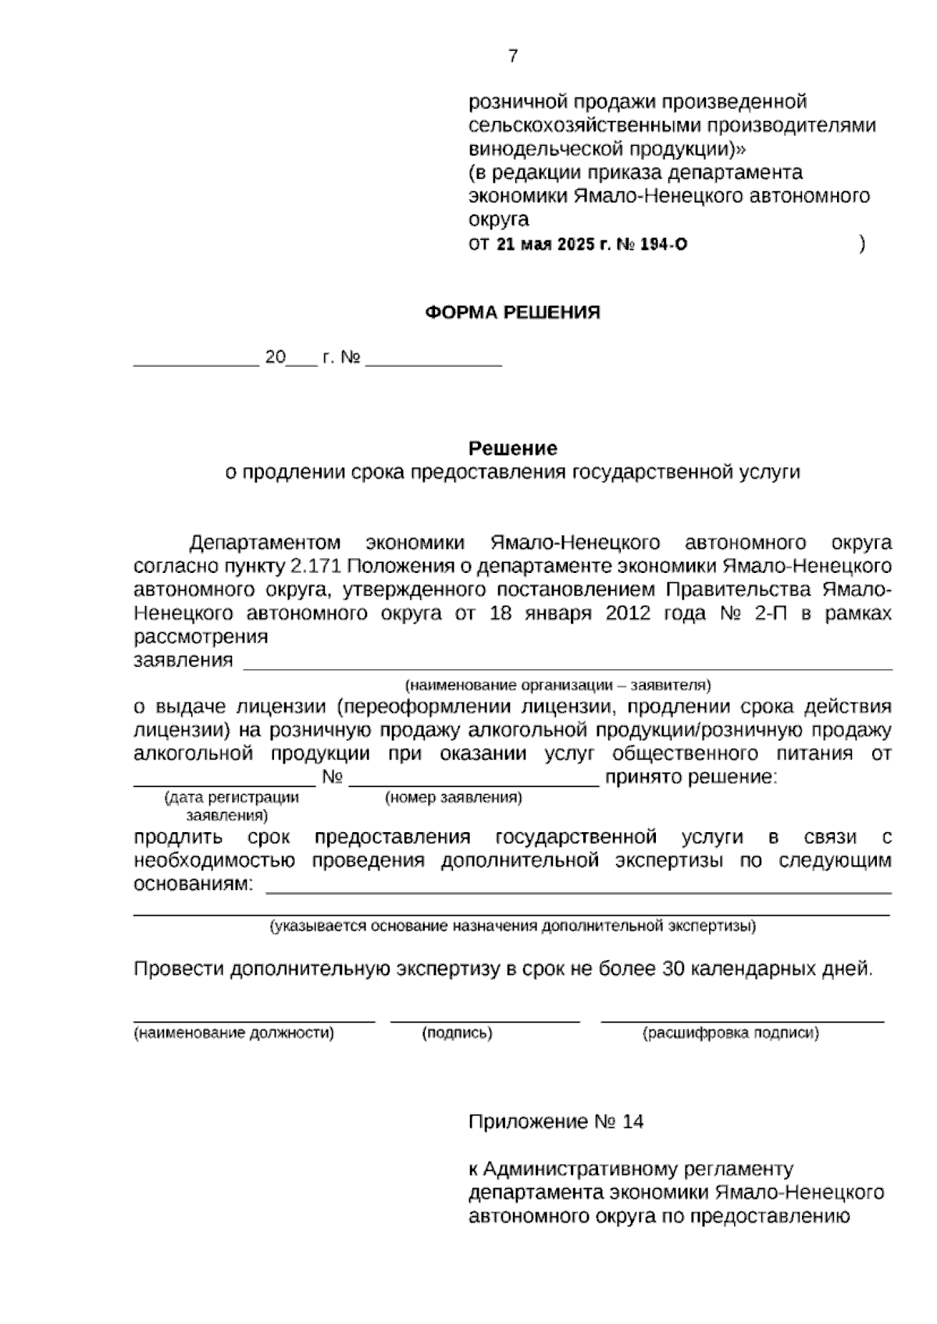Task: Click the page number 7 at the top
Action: [512, 56]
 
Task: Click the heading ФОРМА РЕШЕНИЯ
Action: [512, 313]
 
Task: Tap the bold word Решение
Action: [512, 449]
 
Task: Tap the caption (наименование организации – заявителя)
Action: [558, 685]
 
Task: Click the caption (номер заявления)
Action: [454, 798]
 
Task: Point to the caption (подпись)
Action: [457, 1034]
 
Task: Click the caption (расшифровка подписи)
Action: [731, 1034]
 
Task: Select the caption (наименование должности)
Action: [233, 1034]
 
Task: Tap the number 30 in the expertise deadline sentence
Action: [673, 970]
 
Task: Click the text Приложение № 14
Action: [556, 1123]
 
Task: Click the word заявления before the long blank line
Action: [183, 660]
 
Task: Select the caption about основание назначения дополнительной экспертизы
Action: [512, 927]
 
